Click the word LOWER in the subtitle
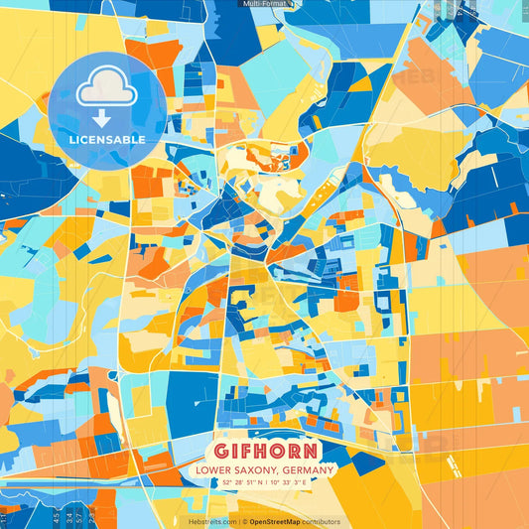click(x=215, y=468)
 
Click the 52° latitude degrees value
click(x=228, y=482)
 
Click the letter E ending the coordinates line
click(x=309, y=482)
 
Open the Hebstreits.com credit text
click(x=211, y=521)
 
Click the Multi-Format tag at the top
click(x=265, y=4)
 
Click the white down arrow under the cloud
click(x=102, y=116)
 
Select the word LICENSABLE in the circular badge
click(x=107, y=139)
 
